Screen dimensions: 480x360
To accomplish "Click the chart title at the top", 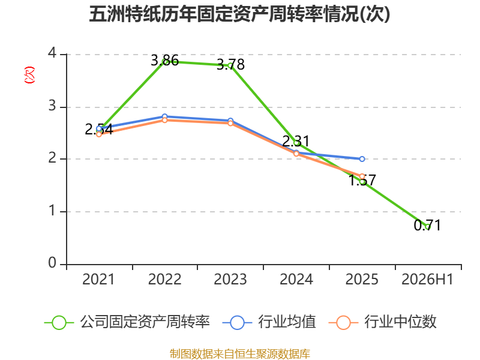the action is click(x=239, y=14).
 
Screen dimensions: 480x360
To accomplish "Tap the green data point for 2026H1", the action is click(x=428, y=227).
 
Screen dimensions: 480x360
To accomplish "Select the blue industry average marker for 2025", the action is click(x=362, y=159).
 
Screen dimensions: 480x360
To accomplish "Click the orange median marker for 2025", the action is click(x=362, y=176).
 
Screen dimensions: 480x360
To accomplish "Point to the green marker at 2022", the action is click(x=164, y=62).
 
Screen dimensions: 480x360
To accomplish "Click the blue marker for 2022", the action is click(x=164, y=116).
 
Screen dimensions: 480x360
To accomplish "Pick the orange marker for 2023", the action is click(x=230, y=123).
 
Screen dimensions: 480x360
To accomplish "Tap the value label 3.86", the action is click(x=164, y=61).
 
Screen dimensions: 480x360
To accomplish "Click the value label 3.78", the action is click(x=230, y=65).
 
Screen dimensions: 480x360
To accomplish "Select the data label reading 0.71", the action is click(x=427, y=226).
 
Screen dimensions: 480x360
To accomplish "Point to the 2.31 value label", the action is click(x=296, y=142).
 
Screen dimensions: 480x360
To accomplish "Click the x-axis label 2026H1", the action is click(x=427, y=279).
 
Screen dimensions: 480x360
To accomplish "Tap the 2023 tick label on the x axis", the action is click(x=230, y=279).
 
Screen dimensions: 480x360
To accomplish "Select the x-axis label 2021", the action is click(x=98, y=279).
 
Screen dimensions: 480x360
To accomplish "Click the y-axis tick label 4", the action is click(x=52, y=53).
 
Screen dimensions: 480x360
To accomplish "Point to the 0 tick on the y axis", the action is click(x=52, y=263).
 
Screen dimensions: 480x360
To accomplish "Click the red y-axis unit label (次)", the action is click(x=29, y=75).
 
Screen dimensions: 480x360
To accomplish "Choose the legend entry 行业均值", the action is click(x=269, y=322).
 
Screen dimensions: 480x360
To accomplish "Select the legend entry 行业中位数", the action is click(x=382, y=322).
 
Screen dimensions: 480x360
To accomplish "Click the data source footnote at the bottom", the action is click(x=240, y=353).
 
